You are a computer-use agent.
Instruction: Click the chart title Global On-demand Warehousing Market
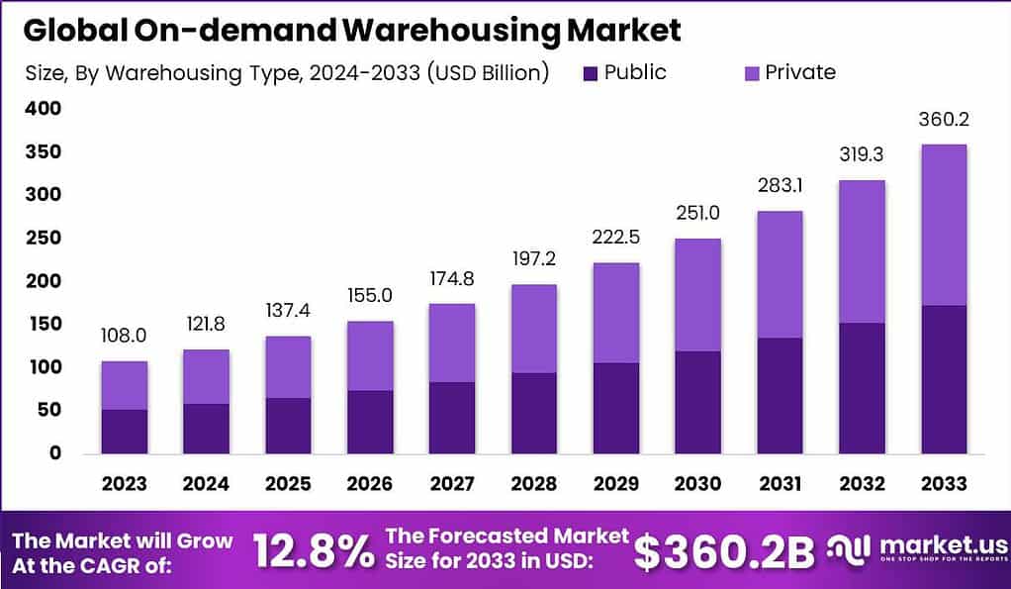click(x=352, y=30)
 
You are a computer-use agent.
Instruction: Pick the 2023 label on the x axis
click(x=124, y=483)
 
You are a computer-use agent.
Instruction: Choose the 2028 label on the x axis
click(x=535, y=483)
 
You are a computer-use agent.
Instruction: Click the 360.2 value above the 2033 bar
click(x=943, y=120)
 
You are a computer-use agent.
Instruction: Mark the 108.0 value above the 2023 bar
click(x=124, y=337)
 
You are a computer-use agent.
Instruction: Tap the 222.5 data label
click(x=617, y=239)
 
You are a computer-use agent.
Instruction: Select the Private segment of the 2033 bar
click(x=943, y=225)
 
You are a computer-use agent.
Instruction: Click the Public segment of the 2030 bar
click(x=697, y=402)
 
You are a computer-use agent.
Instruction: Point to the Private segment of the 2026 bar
click(x=370, y=355)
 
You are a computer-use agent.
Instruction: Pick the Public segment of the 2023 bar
click(x=124, y=431)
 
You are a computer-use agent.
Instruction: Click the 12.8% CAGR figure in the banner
click(x=314, y=551)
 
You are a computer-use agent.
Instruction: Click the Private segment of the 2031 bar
click(x=780, y=274)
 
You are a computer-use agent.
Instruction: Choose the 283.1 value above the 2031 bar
click(x=780, y=187)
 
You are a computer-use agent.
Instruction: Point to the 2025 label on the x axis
click(x=288, y=483)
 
